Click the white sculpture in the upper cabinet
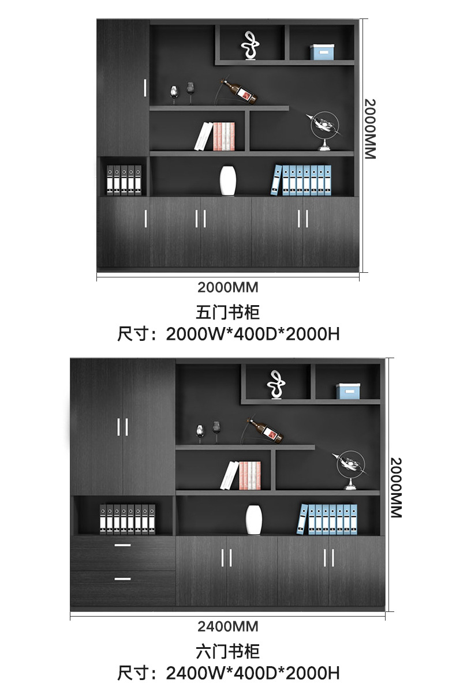tap(249, 45)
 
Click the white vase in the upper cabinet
tap(228, 181)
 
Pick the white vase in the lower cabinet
tap(254, 519)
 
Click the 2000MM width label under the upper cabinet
tap(228, 287)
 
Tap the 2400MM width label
tap(228, 626)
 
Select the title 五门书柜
tap(228, 313)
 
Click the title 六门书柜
tap(228, 652)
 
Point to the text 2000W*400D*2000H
tap(253, 334)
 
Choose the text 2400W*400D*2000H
tap(253, 673)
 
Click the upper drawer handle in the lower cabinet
tap(122, 545)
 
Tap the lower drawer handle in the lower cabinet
tap(122, 579)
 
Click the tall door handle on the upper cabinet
tap(144, 88)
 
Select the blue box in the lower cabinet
tap(349, 391)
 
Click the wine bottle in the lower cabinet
tap(267, 431)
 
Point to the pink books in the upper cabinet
tap(225, 137)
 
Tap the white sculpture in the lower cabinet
tap(275, 384)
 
